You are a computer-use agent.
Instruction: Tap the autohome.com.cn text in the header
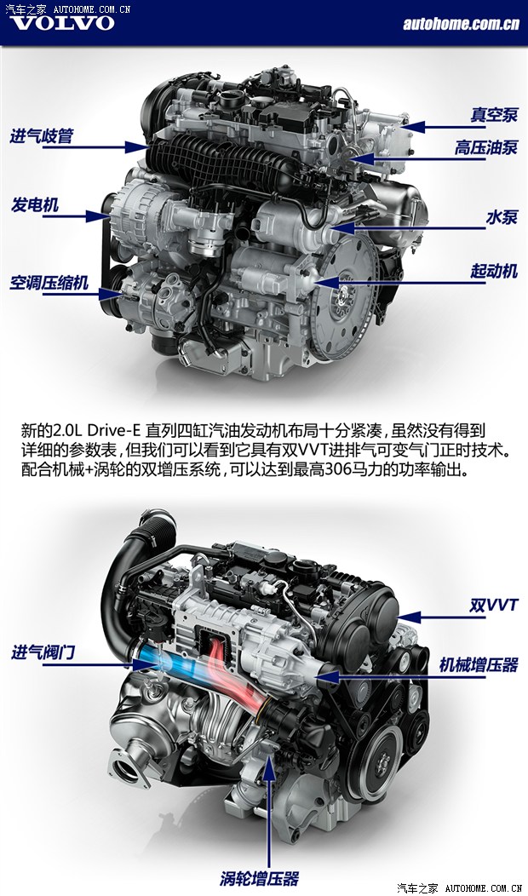tap(461, 24)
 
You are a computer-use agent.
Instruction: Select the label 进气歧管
tap(42, 136)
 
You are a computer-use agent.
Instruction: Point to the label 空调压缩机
tap(49, 282)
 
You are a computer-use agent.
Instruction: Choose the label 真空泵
tap(494, 114)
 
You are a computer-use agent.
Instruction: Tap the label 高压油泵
tap(486, 147)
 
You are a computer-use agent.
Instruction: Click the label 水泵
tap(502, 217)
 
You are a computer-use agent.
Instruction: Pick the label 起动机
tap(494, 271)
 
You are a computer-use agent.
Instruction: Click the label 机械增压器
tap(479, 665)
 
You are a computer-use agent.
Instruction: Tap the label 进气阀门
tap(43, 652)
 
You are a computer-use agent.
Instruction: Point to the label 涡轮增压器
tap(260, 878)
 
